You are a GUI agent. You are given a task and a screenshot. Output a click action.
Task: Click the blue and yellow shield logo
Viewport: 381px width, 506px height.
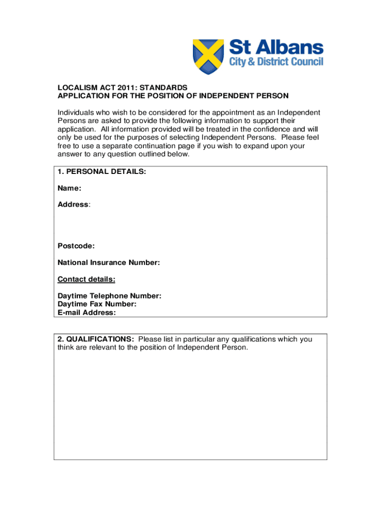[208, 56]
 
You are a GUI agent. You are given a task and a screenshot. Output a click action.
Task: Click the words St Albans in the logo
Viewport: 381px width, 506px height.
[276, 48]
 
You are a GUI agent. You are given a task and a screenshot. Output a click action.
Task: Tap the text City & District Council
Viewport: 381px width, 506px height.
[276, 62]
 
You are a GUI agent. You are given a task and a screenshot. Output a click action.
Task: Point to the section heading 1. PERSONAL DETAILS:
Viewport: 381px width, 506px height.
[101, 171]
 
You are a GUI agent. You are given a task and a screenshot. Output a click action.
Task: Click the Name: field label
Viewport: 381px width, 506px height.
[69, 188]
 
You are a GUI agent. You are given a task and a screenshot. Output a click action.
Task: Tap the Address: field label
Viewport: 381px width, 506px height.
[74, 205]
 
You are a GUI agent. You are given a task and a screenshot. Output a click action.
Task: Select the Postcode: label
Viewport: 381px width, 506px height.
[76, 246]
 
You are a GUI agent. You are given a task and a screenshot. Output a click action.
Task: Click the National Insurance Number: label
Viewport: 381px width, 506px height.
[109, 263]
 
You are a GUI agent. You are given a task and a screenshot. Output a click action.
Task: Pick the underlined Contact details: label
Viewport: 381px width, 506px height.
[87, 280]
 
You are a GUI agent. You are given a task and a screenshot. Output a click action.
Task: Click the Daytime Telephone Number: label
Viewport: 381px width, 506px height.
[109, 296]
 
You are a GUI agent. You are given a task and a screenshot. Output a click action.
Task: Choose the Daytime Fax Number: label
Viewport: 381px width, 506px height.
[97, 304]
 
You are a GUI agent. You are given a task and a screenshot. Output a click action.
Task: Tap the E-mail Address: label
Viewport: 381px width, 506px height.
[87, 313]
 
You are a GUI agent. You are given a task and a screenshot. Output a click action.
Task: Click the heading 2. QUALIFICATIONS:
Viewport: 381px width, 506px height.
[95, 339]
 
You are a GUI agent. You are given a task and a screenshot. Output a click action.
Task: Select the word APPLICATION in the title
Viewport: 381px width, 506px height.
[80, 96]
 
